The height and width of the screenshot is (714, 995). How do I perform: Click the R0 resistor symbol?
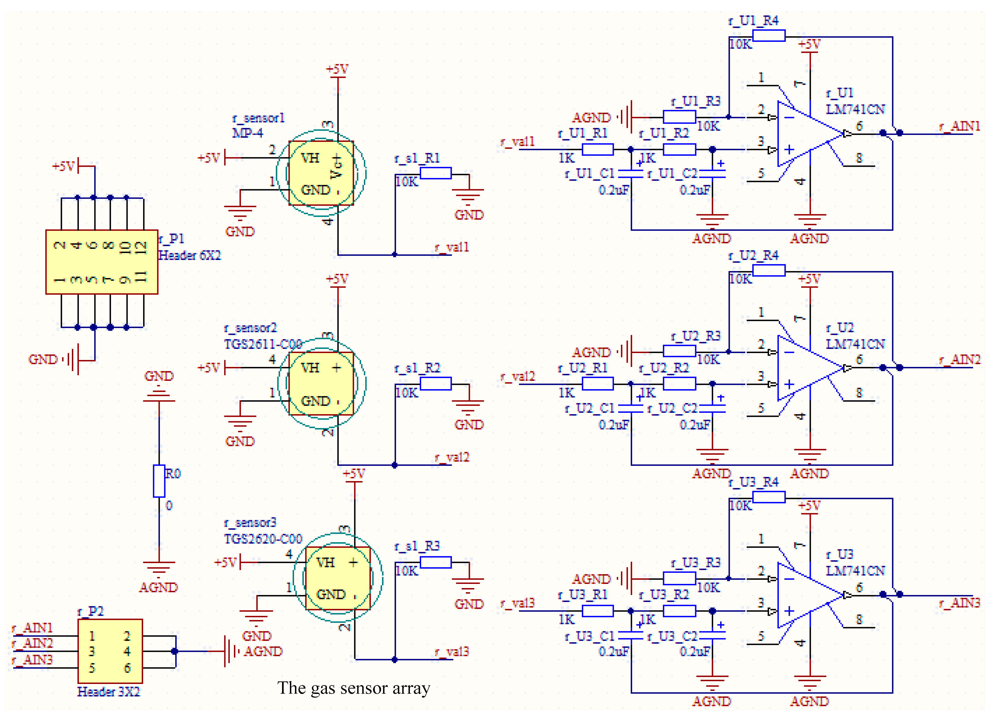pos(159,481)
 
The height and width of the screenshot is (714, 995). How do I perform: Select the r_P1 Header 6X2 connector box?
pos(102,262)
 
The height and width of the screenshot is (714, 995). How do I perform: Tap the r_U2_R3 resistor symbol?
pos(679,351)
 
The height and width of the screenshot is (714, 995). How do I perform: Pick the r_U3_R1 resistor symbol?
pos(598,611)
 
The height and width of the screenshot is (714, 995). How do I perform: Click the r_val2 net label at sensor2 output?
pos(452,458)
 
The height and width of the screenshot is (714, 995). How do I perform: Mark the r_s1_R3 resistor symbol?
pos(435,562)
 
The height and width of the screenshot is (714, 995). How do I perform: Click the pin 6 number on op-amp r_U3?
pos(859,587)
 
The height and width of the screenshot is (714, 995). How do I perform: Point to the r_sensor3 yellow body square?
pos(338,578)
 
